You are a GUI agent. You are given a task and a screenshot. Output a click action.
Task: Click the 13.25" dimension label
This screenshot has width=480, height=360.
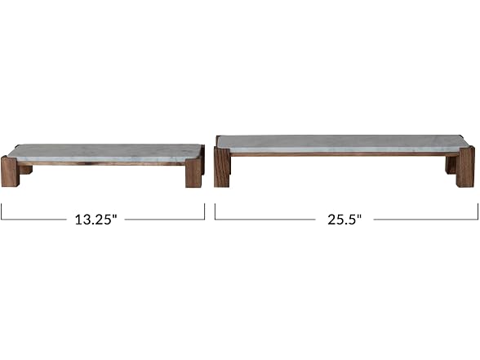click(96, 220)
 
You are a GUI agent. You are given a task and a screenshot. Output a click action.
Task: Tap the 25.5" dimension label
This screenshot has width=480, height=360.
click(344, 220)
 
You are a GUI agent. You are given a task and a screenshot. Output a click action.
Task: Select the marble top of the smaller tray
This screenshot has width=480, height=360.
click(104, 153)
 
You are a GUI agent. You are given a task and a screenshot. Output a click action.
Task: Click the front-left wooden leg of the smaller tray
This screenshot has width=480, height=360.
click(11, 171)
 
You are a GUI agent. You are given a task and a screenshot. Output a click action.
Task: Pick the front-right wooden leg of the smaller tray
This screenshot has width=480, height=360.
click(193, 173)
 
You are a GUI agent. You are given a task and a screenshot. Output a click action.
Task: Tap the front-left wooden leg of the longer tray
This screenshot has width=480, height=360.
click(222, 167)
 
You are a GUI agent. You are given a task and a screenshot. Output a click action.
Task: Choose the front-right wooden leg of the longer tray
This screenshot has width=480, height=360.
click(465, 167)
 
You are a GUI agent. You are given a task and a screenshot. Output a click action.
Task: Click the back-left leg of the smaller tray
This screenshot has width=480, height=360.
click(26, 170)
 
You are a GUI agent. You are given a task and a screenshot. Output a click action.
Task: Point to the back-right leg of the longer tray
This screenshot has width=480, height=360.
click(451, 165)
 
